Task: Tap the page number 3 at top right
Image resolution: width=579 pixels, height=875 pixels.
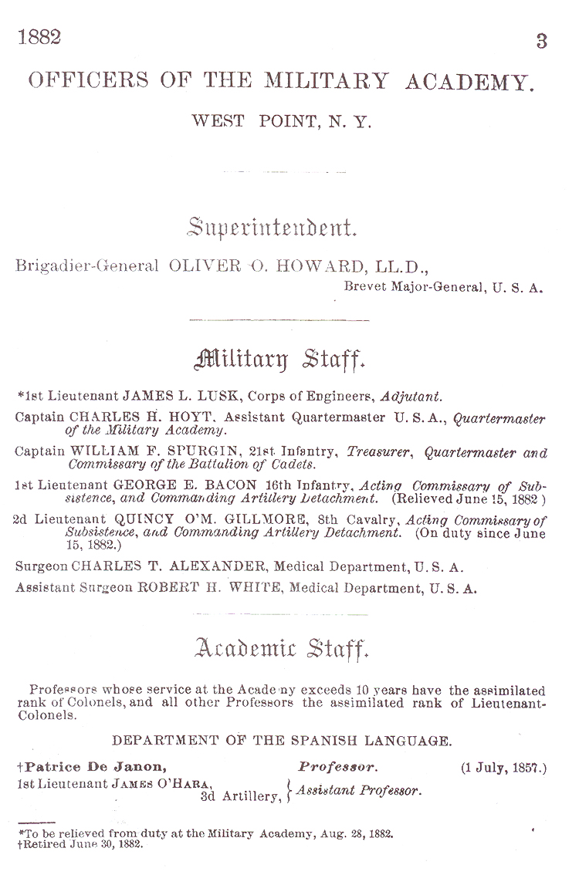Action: coord(542,42)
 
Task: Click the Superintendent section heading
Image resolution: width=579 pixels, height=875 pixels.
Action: coord(272,228)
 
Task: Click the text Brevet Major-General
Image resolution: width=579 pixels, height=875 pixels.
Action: coord(405,289)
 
